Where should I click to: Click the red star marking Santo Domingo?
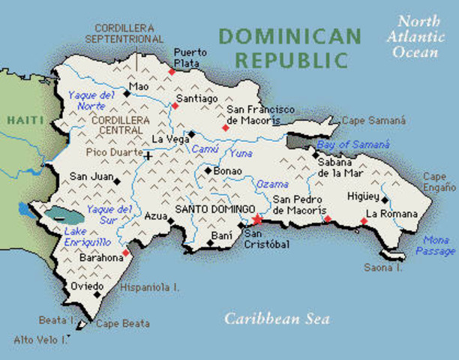pyautogui.click(x=257, y=220)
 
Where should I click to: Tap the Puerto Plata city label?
pyautogui.click(x=187, y=58)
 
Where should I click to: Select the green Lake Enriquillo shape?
pyautogui.click(x=64, y=216)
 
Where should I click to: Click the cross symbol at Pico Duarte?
pyautogui.click(x=148, y=156)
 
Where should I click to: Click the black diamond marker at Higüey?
pyautogui.click(x=384, y=200)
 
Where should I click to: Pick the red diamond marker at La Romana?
pyautogui.click(x=364, y=220)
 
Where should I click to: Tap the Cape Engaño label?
pyautogui.click(x=439, y=181)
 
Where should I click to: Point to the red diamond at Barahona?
pyautogui.click(x=126, y=252)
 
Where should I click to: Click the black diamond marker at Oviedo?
pyautogui.click(x=97, y=294)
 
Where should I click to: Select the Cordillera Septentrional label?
pyautogui.click(x=124, y=32)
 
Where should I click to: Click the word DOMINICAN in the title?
pyautogui.click(x=289, y=35)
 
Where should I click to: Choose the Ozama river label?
pyautogui.click(x=271, y=184)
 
